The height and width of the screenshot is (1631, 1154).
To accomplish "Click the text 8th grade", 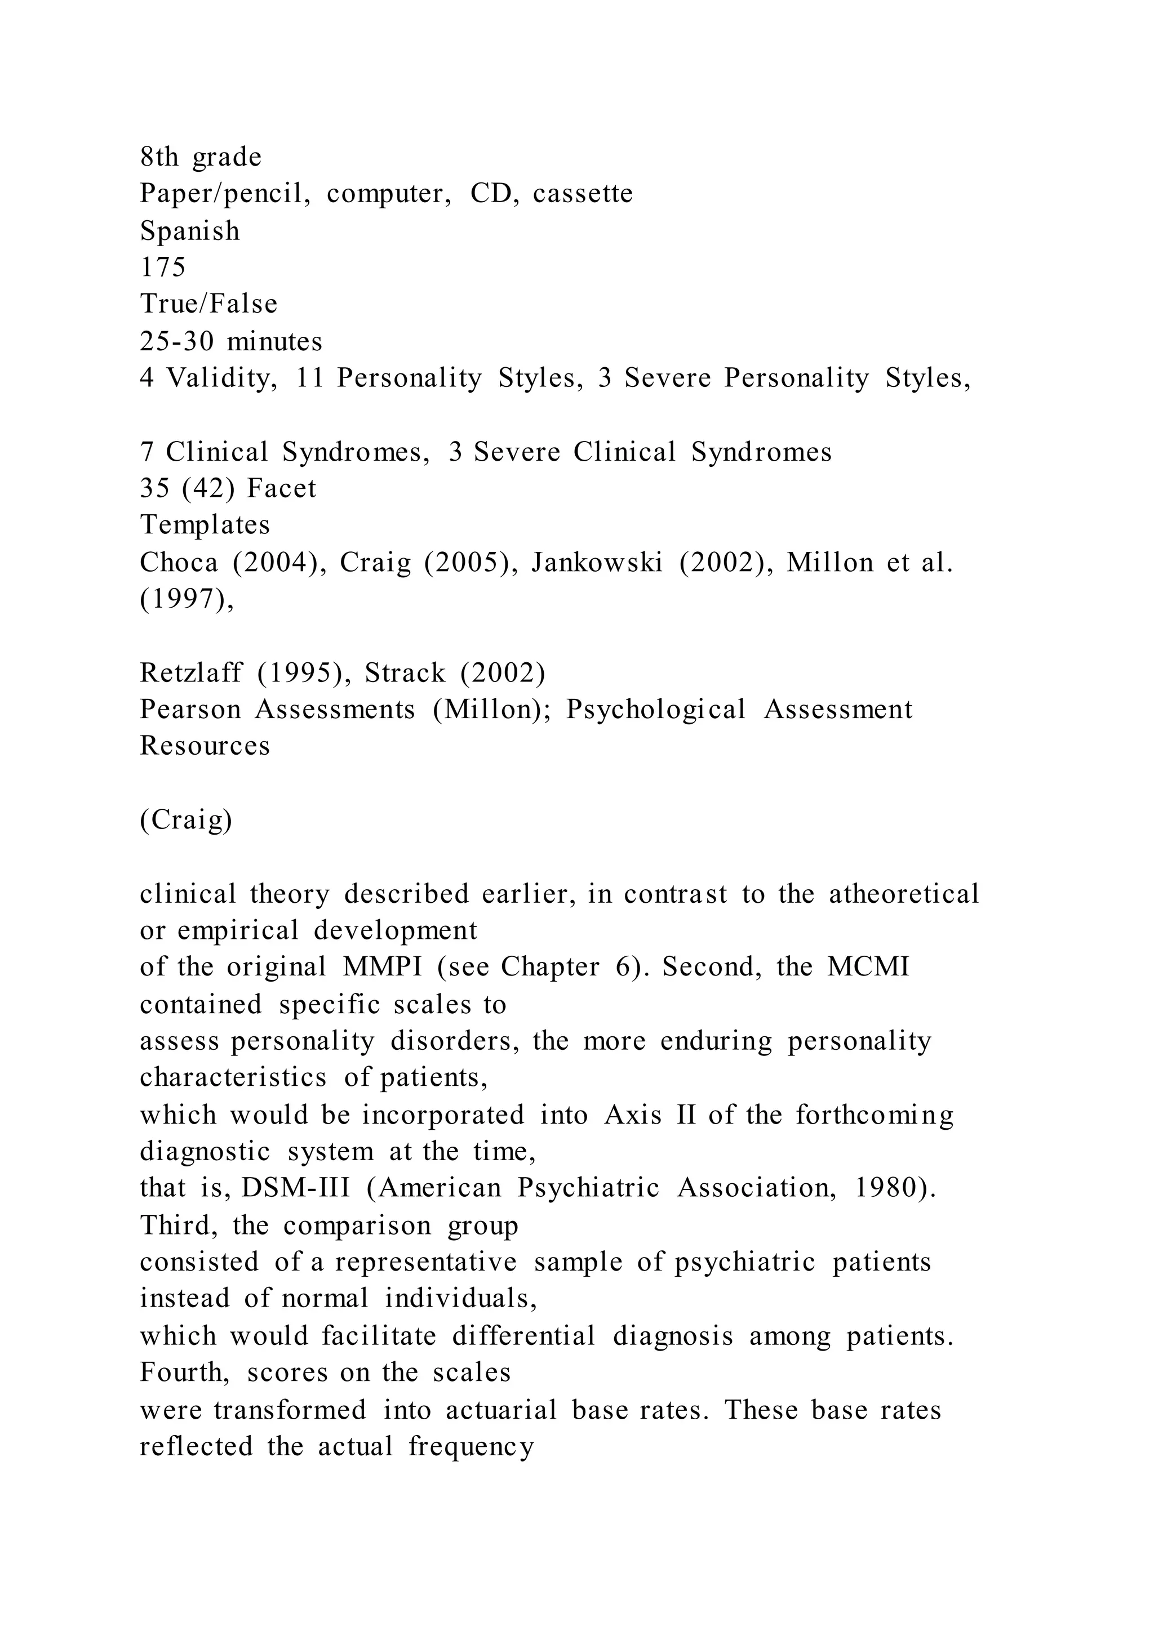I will pyautogui.click(x=201, y=157).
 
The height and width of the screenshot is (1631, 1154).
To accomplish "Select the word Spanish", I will pyautogui.click(x=190, y=231).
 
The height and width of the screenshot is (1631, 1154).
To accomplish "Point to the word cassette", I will pyautogui.click(x=583, y=193).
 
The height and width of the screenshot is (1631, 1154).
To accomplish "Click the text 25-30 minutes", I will pyautogui.click(x=231, y=342).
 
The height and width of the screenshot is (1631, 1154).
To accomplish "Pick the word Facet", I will pyautogui.click(x=281, y=489).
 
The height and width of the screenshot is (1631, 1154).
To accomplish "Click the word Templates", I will pyautogui.click(x=205, y=525).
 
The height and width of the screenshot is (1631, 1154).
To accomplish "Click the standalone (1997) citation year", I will pyautogui.click(x=187, y=600).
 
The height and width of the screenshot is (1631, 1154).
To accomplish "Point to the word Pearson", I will pyautogui.click(x=190, y=710).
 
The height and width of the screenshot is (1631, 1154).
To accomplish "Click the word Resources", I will pyautogui.click(x=205, y=746).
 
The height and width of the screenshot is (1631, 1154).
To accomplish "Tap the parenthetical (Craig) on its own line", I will pyautogui.click(x=186, y=820).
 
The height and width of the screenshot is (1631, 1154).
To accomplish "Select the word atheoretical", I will pyautogui.click(x=904, y=894).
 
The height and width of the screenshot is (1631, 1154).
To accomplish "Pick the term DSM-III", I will pyautogui.click(x=296, y=1188).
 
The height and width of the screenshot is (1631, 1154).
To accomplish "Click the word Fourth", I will pyautogui.click(x=185, y=1372).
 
